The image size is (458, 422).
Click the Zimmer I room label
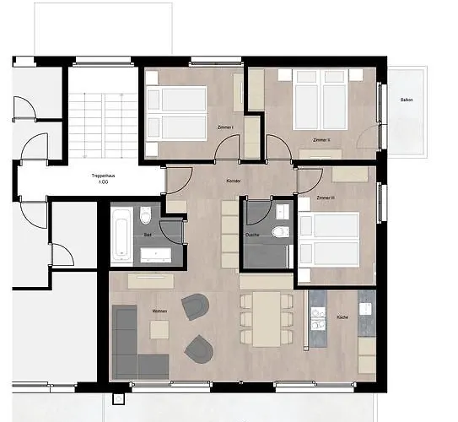[x=226, y=127]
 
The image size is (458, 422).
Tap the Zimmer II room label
[x=321, y=139]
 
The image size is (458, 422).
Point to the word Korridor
[x=234, y=181]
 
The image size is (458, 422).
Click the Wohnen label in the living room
[x=159, y=312]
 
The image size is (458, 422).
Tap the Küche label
[x=342, y=317]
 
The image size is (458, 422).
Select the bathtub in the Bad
[x=121, y=235]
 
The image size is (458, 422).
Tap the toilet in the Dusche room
[x=282, y=232]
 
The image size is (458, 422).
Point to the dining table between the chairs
[x=266, y=319]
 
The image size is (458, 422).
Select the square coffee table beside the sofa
[x=159, y=329]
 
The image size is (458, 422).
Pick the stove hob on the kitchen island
[x=319, y=318]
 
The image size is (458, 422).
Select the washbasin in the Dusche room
[x=282, y=210]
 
